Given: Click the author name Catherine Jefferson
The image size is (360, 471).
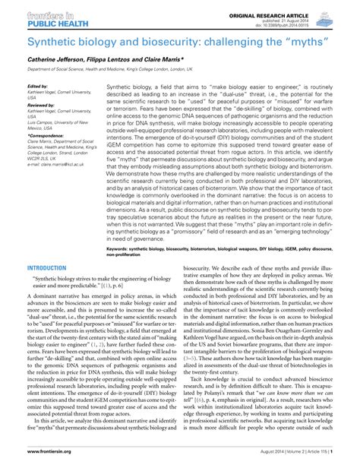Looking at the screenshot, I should tap(54, 61).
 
